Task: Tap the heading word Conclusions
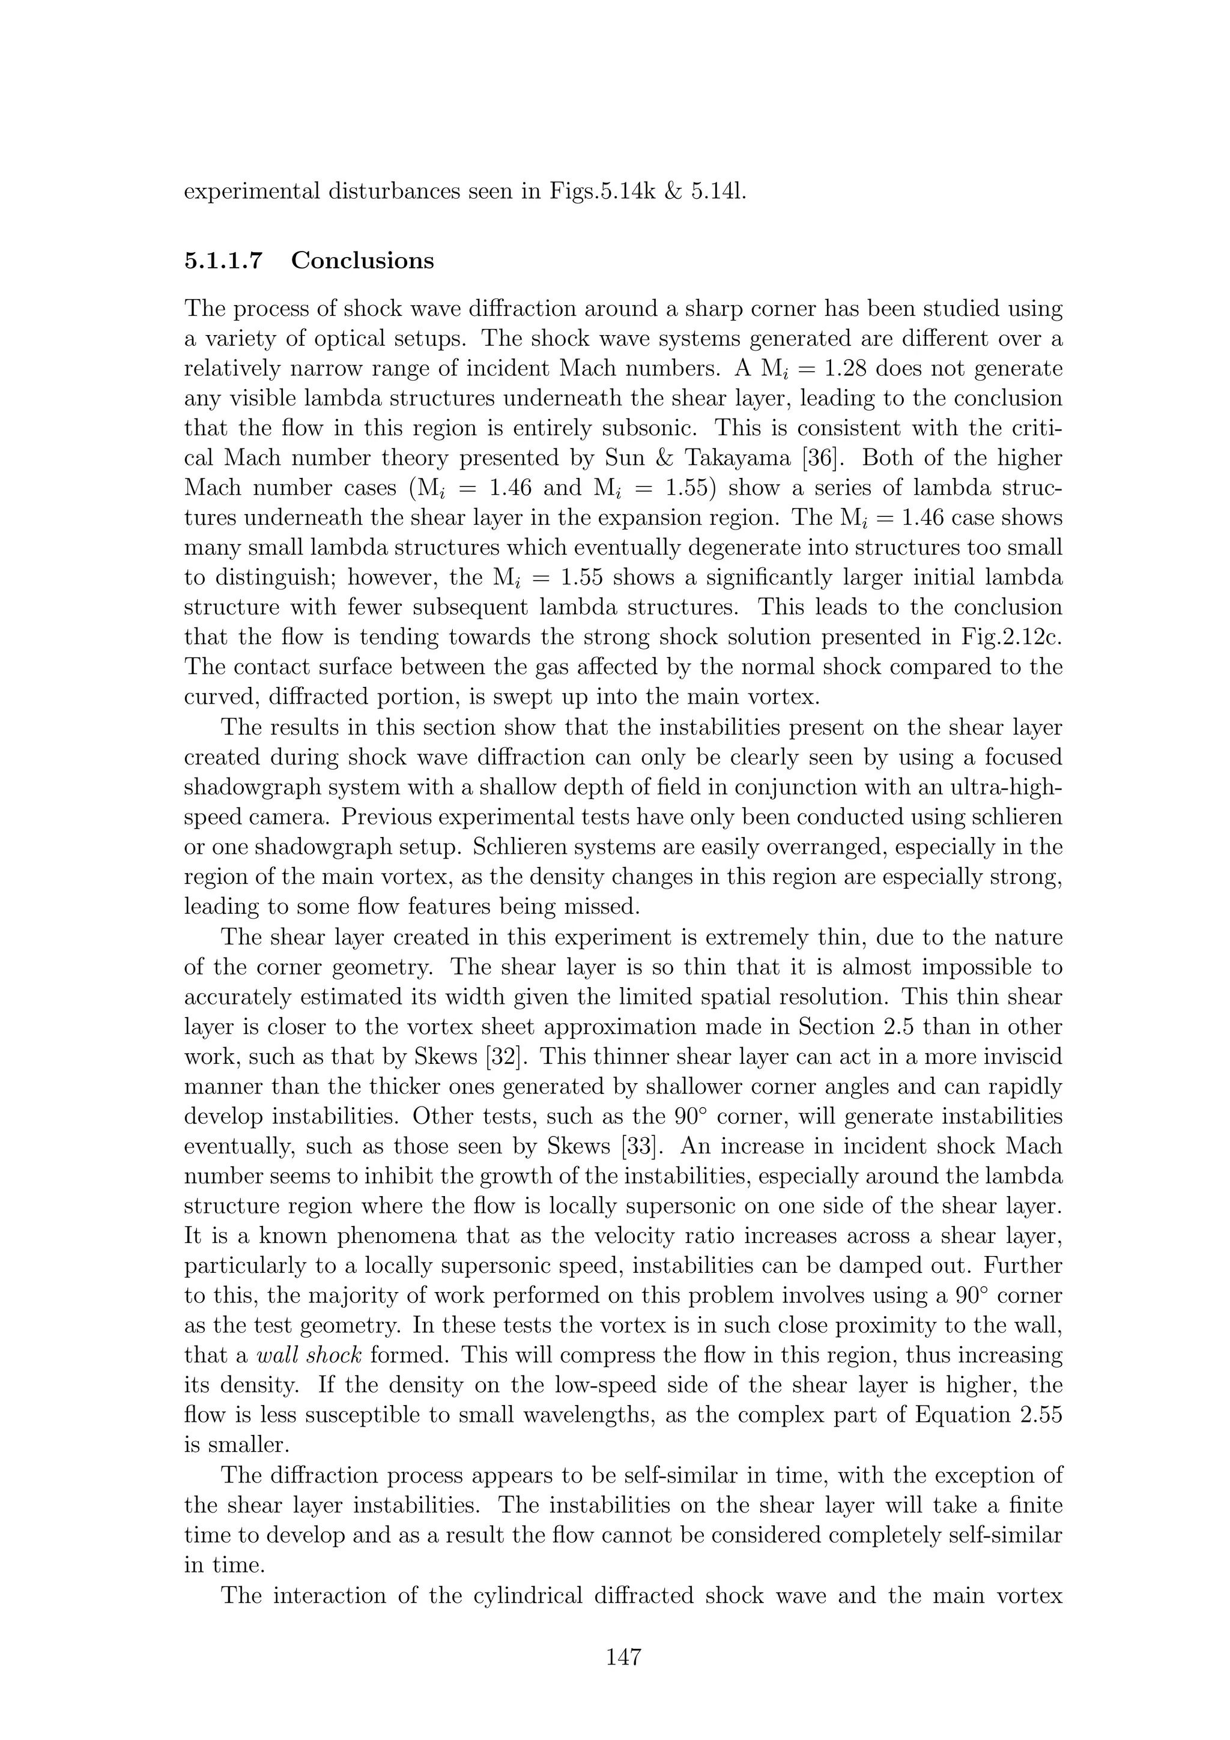362,261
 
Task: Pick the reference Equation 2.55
989,1416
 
